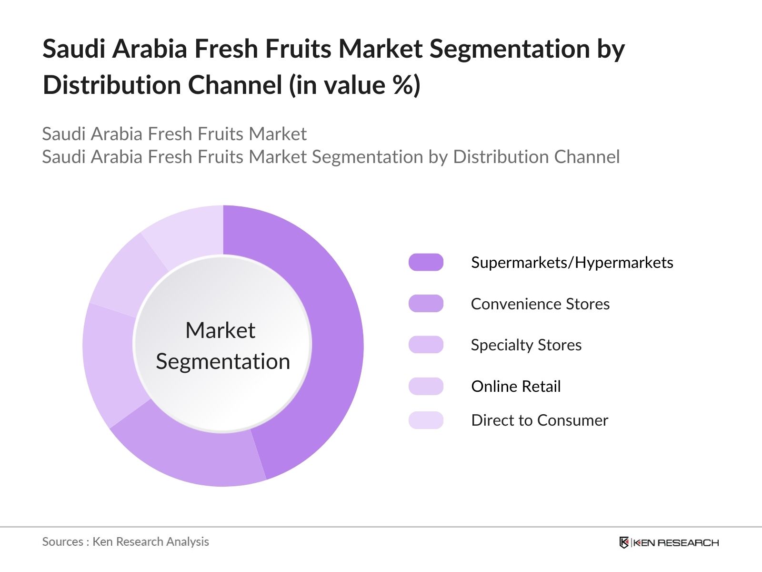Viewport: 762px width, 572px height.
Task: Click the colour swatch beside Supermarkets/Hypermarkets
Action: [x=426, y=262]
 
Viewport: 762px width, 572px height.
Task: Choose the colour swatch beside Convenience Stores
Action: [x=426, y=304]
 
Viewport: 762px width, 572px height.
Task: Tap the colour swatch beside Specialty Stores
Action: [x=426, y=345]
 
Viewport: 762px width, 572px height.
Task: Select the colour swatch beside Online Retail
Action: [x=426, y=386]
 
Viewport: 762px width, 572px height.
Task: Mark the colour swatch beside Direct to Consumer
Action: [x=426, y=420]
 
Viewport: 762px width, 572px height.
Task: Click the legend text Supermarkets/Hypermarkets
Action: [x=572, y=263]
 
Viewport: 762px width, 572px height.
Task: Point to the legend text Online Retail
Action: [x=516, y=386]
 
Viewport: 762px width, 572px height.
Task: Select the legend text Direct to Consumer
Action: [x=540, y=420]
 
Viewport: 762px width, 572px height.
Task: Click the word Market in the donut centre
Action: [x=221, y=330]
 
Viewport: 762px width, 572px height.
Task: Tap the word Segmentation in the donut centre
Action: [x=223, y=362]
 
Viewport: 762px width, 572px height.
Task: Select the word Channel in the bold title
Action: [x=235, y=84]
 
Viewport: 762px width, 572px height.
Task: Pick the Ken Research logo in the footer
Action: [x=669, y=542]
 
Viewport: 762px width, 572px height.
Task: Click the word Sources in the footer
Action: [x=62, y=542]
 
